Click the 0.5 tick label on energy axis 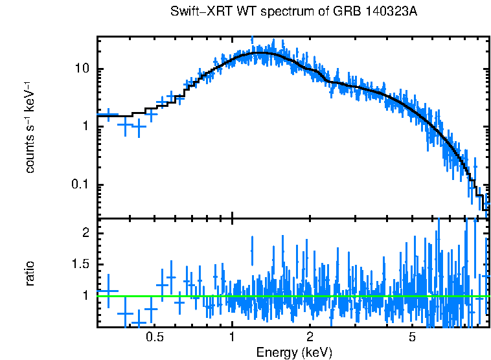(154, 337)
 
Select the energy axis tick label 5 (412, 337)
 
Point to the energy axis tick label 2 (310, 337)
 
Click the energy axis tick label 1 (232, 337)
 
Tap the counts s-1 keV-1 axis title (30, 127)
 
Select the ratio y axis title (30, 273)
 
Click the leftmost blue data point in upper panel (108, 115)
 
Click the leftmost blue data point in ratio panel (108, 292)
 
